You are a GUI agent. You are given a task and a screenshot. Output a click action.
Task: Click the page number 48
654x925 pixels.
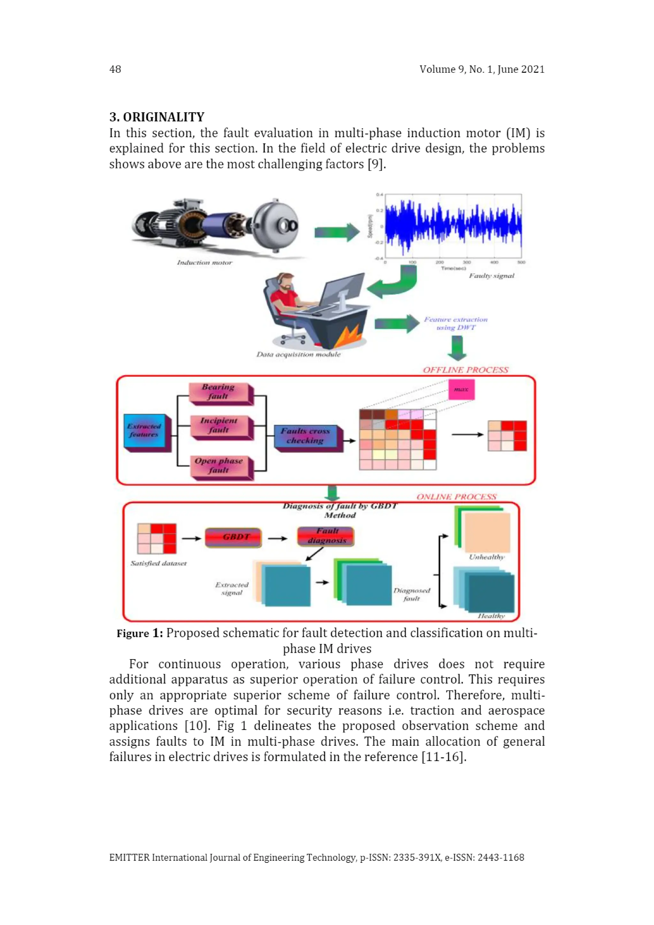coord(115,69)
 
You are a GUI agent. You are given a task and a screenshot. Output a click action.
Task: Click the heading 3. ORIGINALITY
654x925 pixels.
coord(157,117)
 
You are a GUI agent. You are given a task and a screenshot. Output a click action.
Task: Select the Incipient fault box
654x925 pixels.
coord(220,425)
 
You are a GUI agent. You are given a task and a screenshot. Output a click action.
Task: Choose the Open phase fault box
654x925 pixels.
coord(220,466)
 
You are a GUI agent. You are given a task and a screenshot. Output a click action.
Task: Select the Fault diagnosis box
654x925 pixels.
coord(326,536)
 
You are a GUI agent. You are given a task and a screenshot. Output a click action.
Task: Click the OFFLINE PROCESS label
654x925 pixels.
coord(465,370)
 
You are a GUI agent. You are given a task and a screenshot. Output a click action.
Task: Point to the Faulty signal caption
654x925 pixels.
coord(491,276)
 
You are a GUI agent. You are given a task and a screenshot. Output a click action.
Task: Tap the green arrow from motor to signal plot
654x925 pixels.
coord(337,232)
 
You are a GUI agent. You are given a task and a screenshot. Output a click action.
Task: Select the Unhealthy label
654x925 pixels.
coord(486,557)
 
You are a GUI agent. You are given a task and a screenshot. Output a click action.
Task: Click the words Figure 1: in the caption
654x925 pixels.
coord(140,634)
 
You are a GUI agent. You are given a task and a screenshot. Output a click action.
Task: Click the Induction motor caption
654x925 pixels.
coord(205,263)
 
